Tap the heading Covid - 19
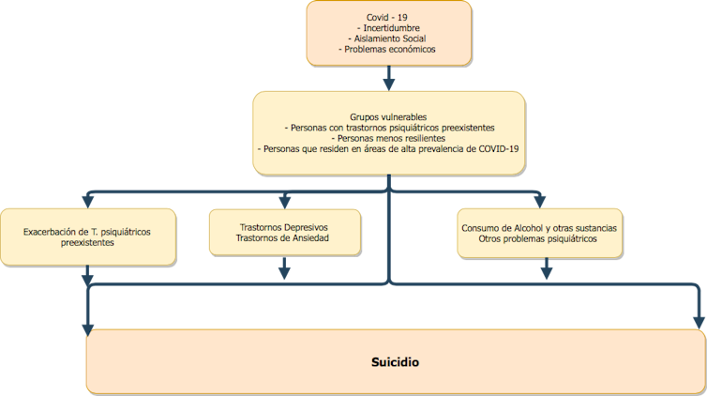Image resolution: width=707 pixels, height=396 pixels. tap(388, 18)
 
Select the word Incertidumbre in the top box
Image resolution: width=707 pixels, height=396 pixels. tap(388, 28)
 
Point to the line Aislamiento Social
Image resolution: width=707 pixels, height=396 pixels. tap(388, 38)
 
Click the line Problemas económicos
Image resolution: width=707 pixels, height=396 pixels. tap(388, 49)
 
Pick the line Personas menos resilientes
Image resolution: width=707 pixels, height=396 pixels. tap(388, 137)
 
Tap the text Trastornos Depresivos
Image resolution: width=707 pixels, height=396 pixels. tap(283, 227)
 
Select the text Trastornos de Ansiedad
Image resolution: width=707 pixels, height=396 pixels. tap(283, 238)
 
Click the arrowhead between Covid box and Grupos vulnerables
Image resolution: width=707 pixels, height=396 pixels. tap(388, 82)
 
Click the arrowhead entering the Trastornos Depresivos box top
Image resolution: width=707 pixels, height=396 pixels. tap(284, 201)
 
